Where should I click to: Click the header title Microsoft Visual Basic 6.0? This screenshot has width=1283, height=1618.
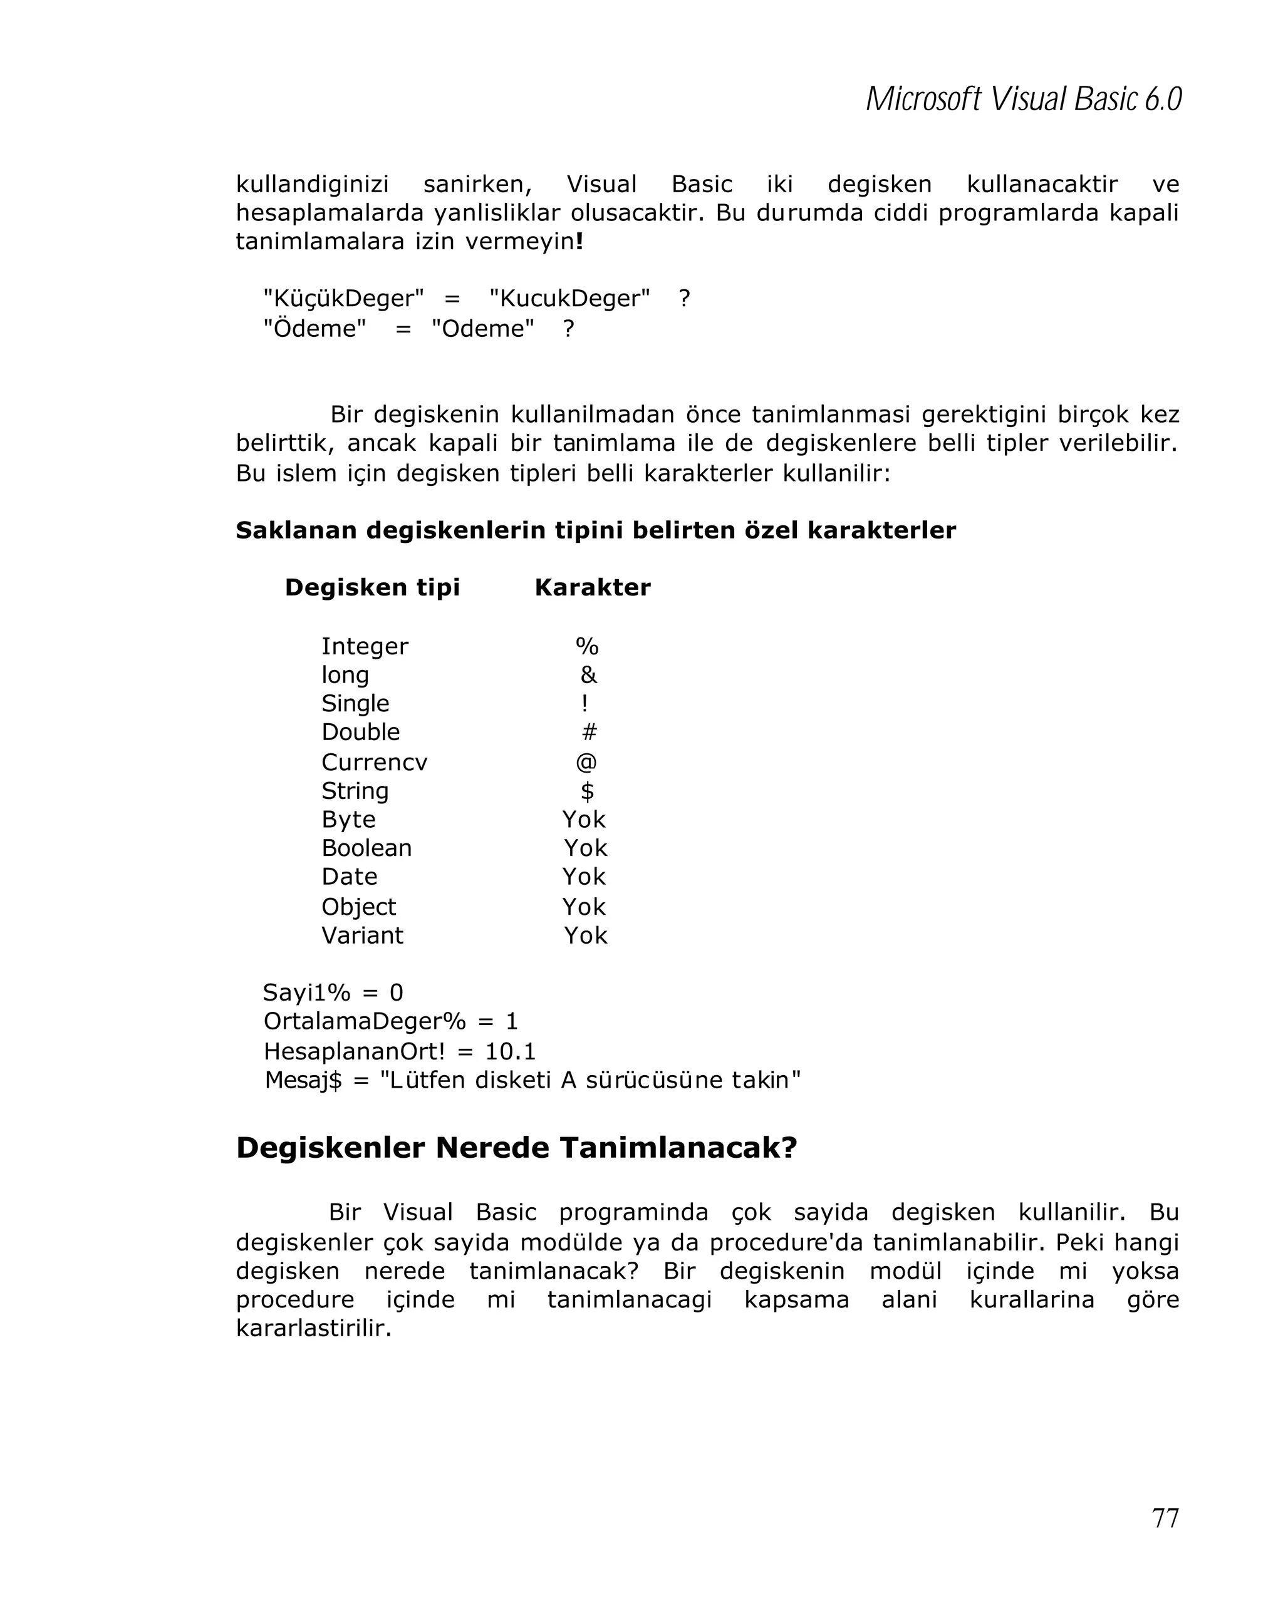point(1023,100)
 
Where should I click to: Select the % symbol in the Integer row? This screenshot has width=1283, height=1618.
point(586,646)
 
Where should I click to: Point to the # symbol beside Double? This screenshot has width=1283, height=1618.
point(589,732)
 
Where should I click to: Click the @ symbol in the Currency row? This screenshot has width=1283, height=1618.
point(586,761)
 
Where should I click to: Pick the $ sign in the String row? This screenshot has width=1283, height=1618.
point(587,790)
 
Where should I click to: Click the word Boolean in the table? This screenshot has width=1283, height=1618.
point(366,848)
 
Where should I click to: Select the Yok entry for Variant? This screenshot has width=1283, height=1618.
point(585,935)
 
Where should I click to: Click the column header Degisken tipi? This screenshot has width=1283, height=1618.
point(372,587)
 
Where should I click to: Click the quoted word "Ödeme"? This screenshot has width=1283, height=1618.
point(314,328)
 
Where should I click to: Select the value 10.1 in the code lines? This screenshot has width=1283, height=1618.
point(511,1051)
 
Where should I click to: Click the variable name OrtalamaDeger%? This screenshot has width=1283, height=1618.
point(364,1021)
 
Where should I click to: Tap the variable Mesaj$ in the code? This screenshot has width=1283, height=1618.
point(303,1080)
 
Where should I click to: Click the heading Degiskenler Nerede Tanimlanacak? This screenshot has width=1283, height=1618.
point(516,1148)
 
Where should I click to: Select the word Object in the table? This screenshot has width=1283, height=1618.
point(358,907)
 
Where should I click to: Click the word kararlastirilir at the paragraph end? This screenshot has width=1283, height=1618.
point(313,1327)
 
